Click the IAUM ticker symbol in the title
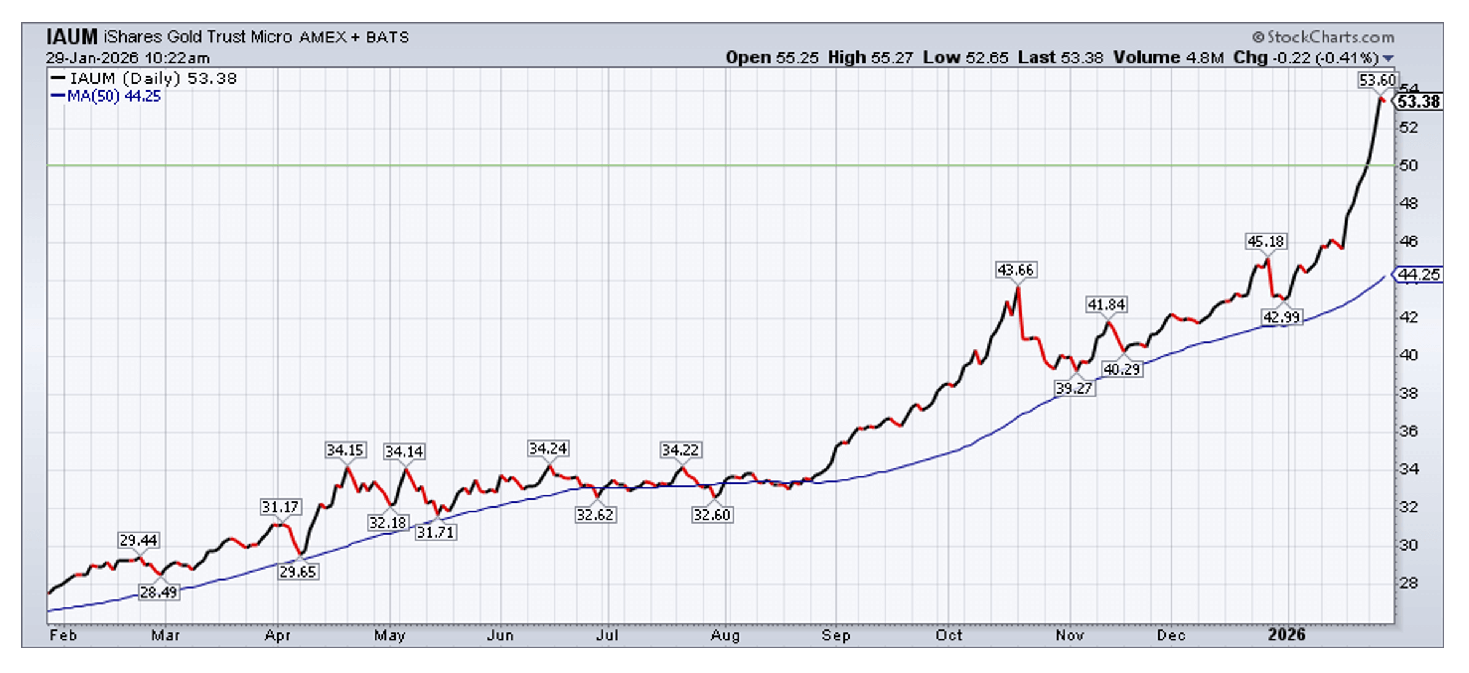[x=72, y=38]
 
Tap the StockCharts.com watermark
[x=1324, y=38]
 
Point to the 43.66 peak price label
[x=1016, y=270]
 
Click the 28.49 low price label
[x=159, y=592]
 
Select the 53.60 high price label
[x=1377, y=81]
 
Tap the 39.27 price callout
[x=1073, y=388]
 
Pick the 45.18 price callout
[x=1265, y=242]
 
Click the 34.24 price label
[x=547, y=448]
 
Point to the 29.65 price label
[x=298, y=571]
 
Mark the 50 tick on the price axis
[x=1409, y=165]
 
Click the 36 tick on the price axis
[x=1409, y=431]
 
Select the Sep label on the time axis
[x=836, y=635]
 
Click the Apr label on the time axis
[x=277, y=635]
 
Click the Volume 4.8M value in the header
[x=1168, y=58]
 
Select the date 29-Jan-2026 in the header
[x=92, y=58]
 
